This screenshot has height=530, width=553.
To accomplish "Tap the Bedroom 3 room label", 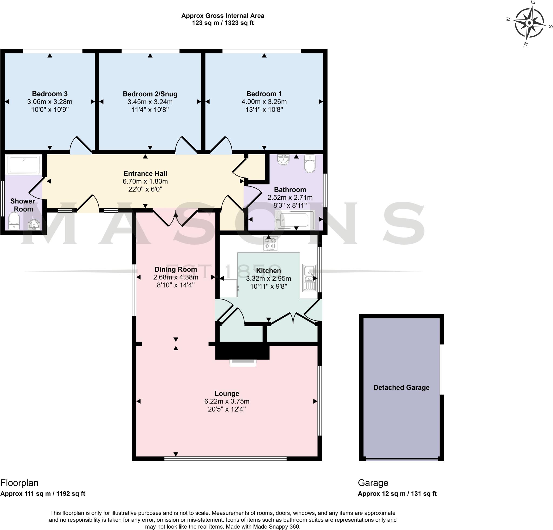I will click(50, 94).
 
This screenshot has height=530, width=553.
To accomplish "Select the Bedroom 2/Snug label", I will click(150, 94).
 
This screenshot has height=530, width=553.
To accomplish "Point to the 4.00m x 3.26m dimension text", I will click(264, 102).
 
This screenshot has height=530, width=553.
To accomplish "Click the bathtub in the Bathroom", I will click(295, 220).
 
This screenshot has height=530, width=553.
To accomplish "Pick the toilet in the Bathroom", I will click(310, 164).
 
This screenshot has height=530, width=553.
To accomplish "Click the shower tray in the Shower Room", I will click(23, 165).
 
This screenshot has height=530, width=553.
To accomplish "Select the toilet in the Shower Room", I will click(14, 221).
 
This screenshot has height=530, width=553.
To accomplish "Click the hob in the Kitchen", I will click(270, 244).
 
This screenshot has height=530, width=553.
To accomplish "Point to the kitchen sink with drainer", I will click(309, 278).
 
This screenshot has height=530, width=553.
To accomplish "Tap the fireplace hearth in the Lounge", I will click(243, 363).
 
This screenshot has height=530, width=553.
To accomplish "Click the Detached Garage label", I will click(401, 387).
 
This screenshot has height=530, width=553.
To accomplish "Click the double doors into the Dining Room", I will click(175, 218).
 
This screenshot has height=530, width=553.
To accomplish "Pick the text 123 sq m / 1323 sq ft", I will click(222, 23).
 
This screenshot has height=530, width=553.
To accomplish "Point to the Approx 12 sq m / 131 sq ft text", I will click(397, 494).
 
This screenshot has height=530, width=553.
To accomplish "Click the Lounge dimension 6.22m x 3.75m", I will click(227, 401).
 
